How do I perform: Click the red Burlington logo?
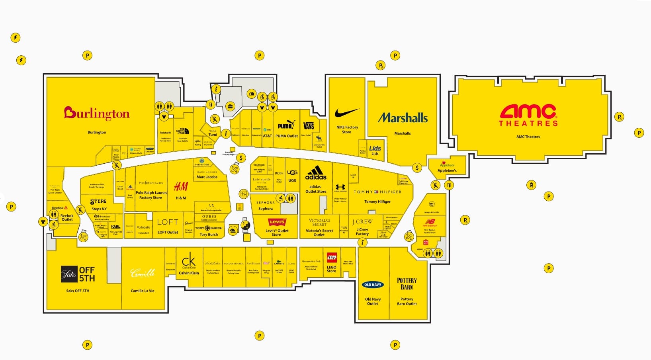point(97,113)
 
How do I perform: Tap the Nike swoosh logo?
point(347,113)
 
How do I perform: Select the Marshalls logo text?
point(403,118)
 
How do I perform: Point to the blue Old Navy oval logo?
point(373,285)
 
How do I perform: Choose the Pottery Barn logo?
point(407,284)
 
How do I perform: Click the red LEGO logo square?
point(332,258)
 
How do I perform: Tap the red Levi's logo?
point(277,222)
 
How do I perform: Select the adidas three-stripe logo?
point(316,173)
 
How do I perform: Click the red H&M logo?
point(181,186)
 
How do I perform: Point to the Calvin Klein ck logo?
point(189,261)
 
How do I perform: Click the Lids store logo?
point(375,149)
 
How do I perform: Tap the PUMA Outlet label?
point(287,136)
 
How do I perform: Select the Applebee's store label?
point(447,170)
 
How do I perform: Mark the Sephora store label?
point(266,209)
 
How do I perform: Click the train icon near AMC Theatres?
point(531,185)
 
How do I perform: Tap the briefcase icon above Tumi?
point(230,106)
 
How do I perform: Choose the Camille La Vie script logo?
point(143,273)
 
